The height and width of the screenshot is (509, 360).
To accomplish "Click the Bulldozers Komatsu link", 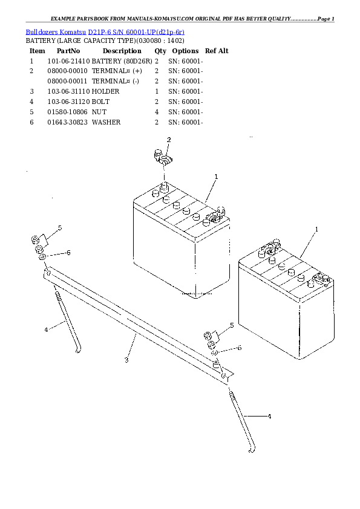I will pos(56,31).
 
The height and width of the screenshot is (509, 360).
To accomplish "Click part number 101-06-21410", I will pos(68,61).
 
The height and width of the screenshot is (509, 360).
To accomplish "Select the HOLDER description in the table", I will pos(105,91).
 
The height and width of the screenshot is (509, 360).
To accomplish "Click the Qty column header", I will pos(160,51).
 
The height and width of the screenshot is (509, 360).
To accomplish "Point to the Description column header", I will pos(122,51).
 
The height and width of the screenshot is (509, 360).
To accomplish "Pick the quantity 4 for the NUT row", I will pos(157,112).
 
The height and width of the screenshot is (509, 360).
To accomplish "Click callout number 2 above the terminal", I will pos(169,140).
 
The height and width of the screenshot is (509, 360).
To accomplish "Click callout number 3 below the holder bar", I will pos(126,360).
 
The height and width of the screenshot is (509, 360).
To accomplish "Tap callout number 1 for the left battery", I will pos(216,176).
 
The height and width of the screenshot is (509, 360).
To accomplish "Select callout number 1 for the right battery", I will pos(316,229).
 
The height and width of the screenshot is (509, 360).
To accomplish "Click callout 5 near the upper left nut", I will pos(60,227).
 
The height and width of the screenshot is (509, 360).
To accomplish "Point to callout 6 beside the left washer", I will pos(68,252).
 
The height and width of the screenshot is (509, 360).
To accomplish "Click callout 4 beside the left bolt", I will pos(46,329).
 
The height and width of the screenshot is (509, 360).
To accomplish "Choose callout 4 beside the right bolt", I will pos(269,417).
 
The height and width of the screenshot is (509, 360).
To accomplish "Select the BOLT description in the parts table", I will pos(102,102).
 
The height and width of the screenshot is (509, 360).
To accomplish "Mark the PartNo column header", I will pos(68,51).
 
